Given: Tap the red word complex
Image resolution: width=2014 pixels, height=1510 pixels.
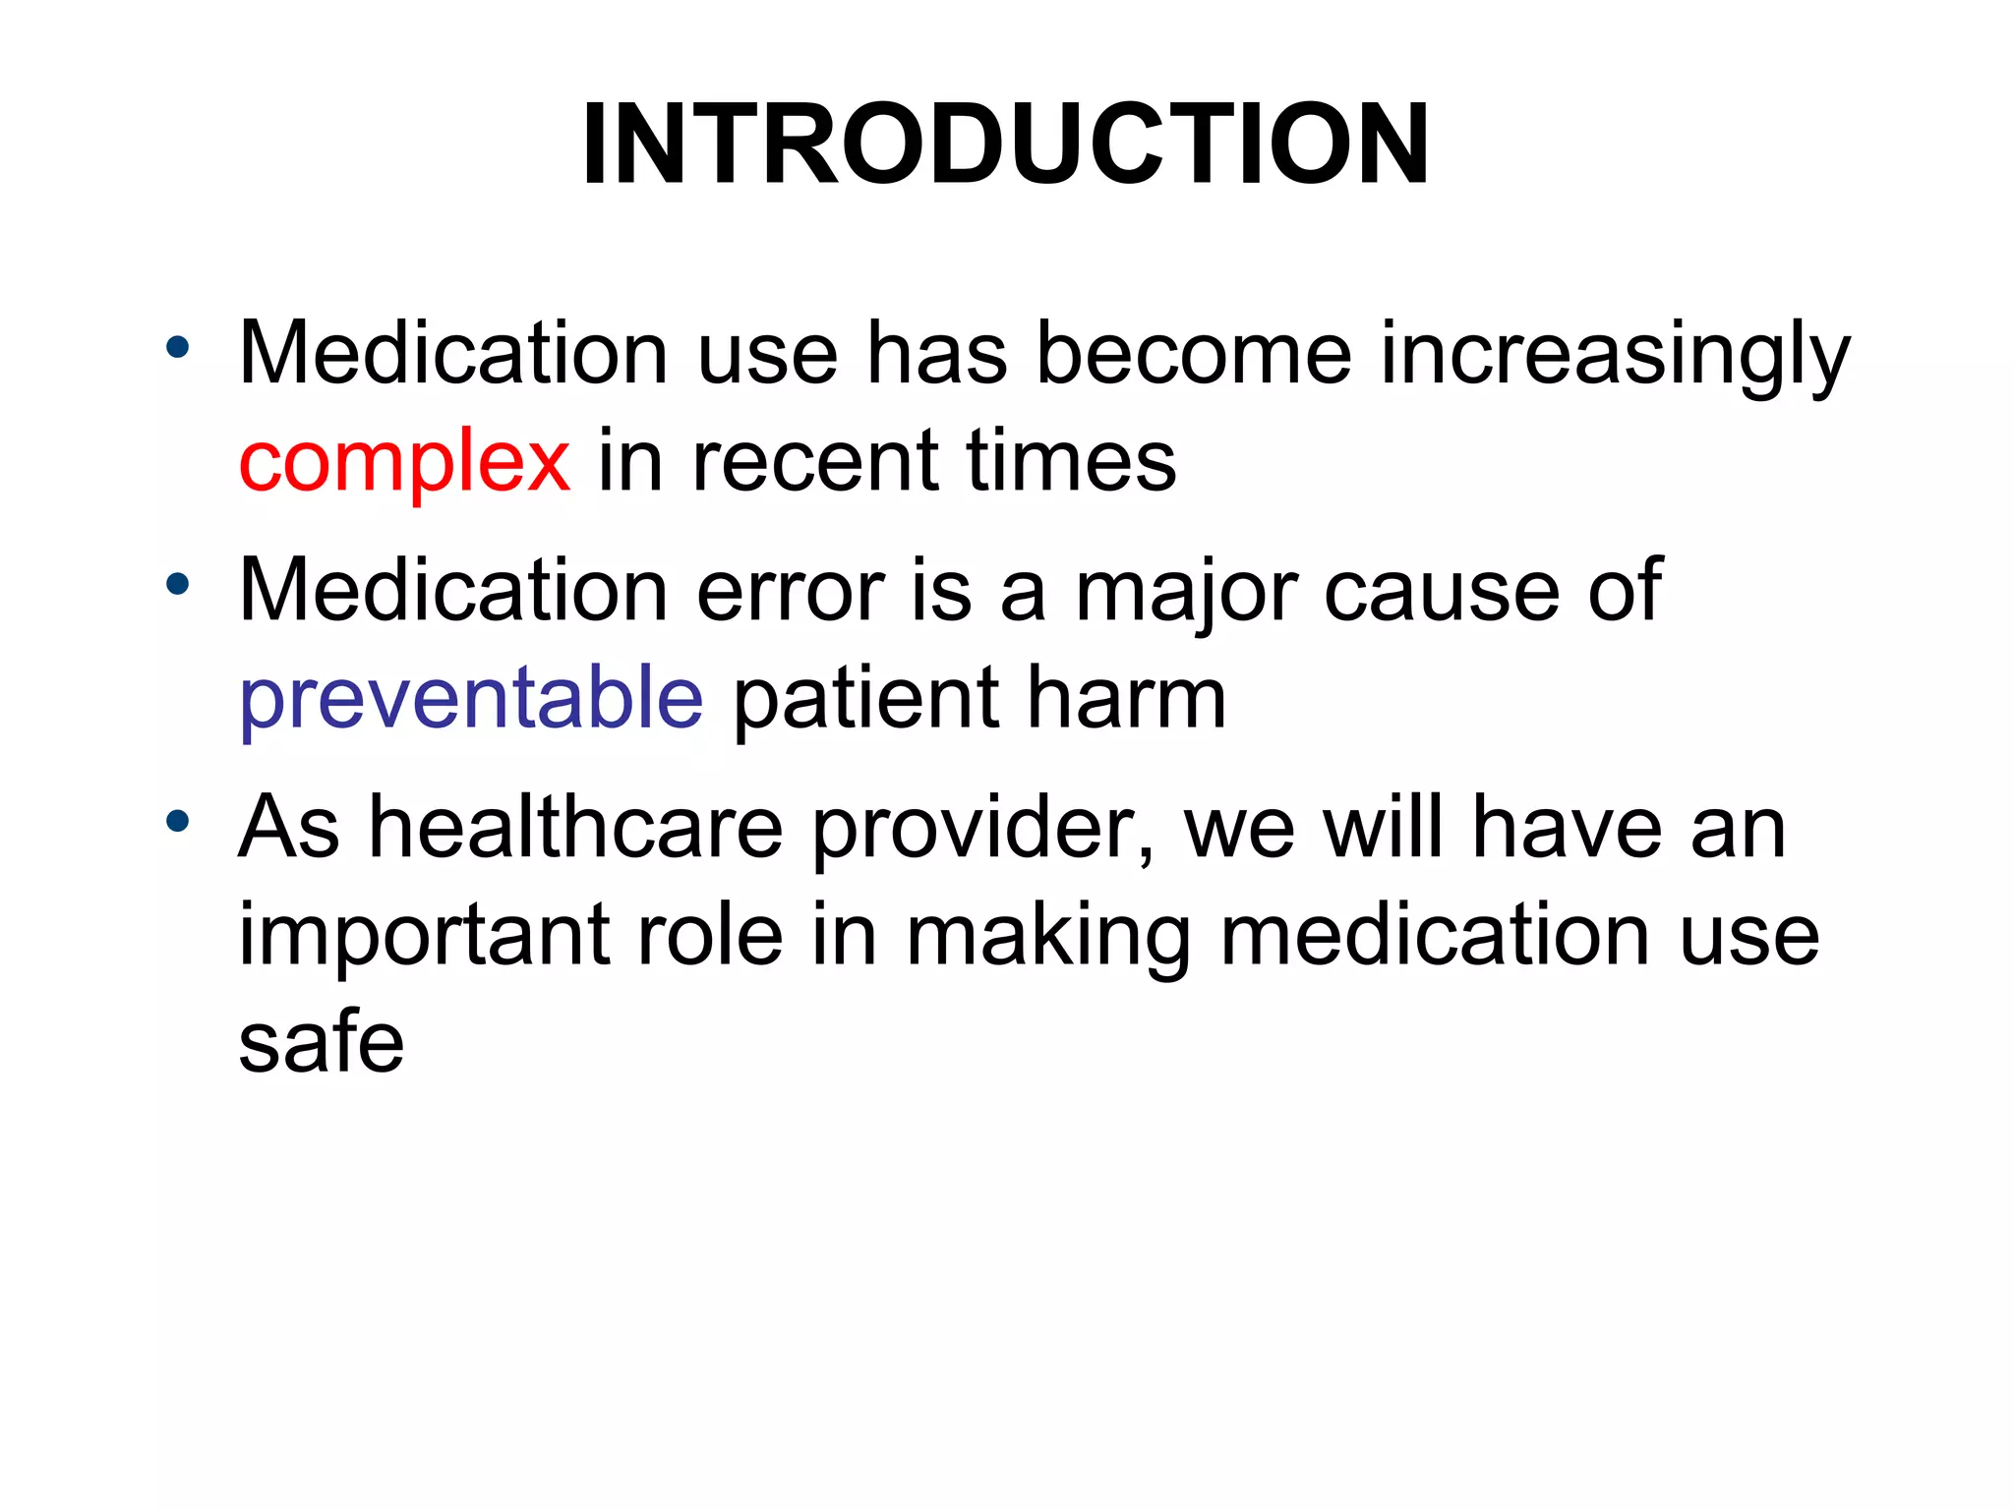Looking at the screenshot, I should pyautogui.click(x=403, y=462).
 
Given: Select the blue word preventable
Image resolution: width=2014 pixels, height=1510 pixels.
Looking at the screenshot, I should pyautogui.click(x=471, y=698).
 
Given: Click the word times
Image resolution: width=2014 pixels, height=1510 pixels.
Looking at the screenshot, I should pyautogui.click(x=1071, y=462).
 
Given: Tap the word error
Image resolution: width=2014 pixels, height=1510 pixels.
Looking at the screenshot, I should pyautogui.click(x=791, y=592).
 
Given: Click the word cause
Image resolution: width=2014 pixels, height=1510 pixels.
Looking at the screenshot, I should pyautogui.click(x=1442, y=592).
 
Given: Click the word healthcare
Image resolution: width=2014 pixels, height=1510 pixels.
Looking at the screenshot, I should pyautogui.click(x=575, y=828).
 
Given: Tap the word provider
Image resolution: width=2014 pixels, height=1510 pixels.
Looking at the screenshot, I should pyautogui.click(x=982, y=830).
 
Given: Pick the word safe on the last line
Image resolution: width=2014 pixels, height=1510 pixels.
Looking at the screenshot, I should pyautogui.click(x=322, y=1042).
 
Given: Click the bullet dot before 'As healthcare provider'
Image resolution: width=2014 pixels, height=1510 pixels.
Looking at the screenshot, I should pyautogui.click(x=177, y=821).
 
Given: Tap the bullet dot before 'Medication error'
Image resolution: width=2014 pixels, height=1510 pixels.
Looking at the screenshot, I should pyautogui.click(x=177, y=585).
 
